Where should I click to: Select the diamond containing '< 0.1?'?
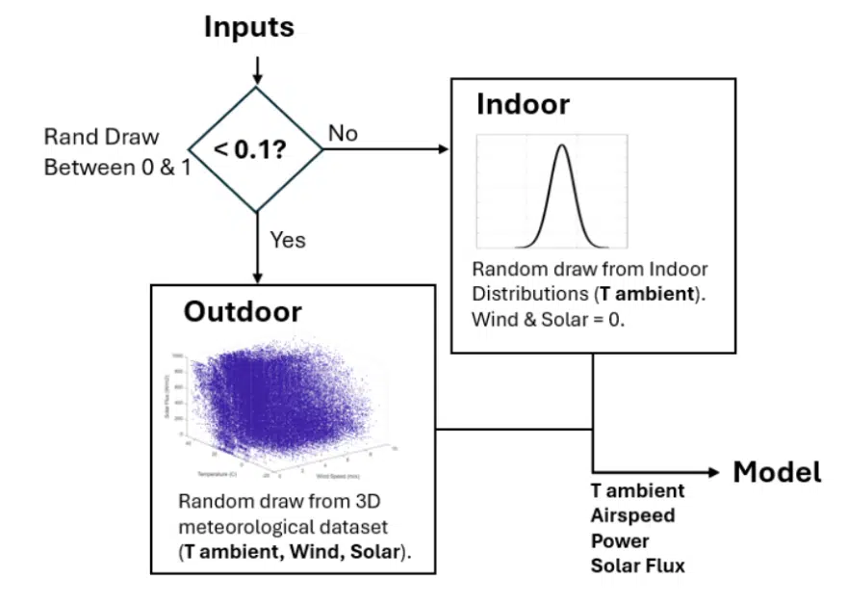[257, 149]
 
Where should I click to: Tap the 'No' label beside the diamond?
[343, 133]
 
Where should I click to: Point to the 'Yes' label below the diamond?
[288, 240]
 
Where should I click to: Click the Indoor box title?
[523, 104]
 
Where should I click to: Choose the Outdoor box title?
[243, 312]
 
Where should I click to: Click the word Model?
[777, 472]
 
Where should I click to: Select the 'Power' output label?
[620, 540]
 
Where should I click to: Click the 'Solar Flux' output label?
[637, 566]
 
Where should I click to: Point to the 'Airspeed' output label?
[632, 515]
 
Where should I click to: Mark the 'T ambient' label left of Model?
[637, 490]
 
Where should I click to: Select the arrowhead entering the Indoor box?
[444, 149]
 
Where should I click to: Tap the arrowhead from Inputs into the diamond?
[257, 79]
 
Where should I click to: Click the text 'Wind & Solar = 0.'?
[548, 319]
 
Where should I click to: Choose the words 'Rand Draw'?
[102, 138]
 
